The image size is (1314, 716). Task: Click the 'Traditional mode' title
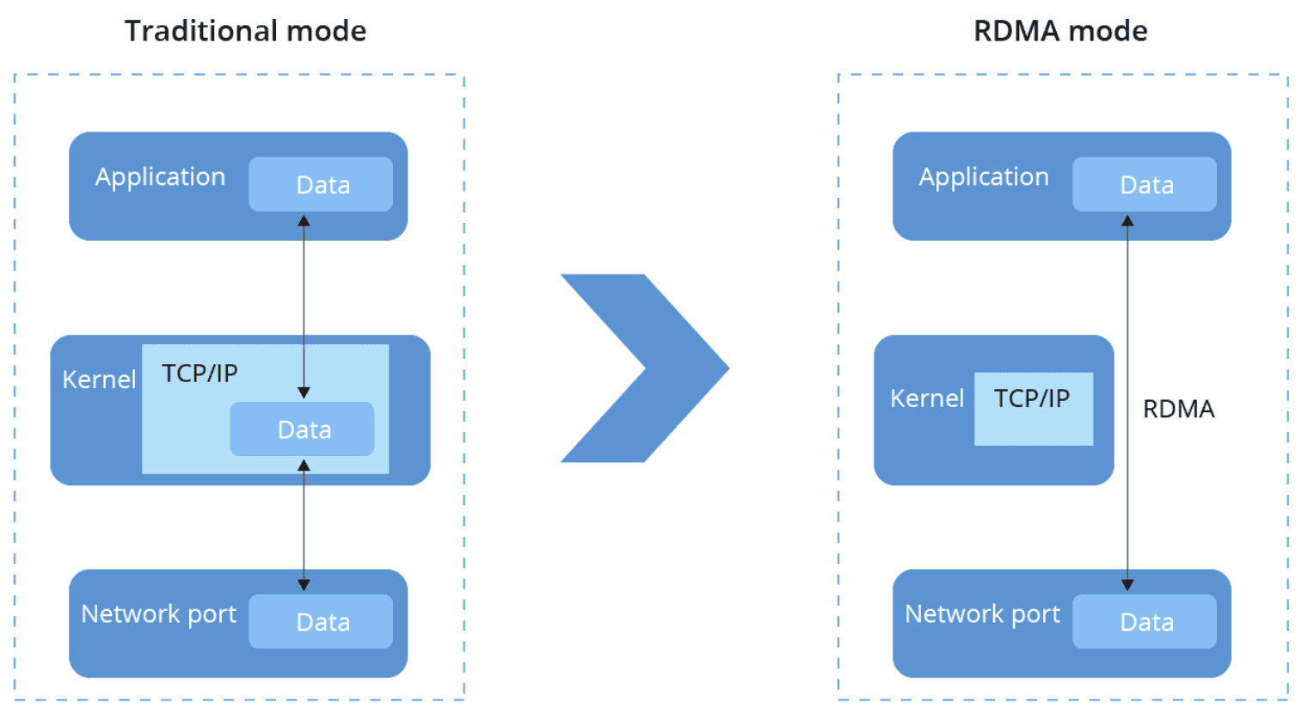(x=245, y=31)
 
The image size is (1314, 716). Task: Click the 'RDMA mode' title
(x=1059, y=31)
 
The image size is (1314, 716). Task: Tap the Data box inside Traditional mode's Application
(x=321, y=184)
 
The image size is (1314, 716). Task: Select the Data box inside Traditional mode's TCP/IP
(x=302, y=429)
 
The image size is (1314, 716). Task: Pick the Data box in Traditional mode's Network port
(x=321, y=621)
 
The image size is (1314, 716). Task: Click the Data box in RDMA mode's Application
(x=1144, y=184)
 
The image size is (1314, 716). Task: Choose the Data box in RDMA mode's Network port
(x=1144, y=621)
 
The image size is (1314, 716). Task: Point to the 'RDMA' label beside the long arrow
(x=1178, y=409)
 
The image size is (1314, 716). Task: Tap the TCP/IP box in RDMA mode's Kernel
(x=1033, y=409)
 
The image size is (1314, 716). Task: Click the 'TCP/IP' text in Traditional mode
(x=200, y=373)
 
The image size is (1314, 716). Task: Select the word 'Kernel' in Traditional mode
(x=99, y=380)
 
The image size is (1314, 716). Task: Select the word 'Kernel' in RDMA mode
(x=926, y=398)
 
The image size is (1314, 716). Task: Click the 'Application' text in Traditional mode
(x=160, y=177)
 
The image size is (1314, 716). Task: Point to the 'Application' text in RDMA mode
(x=984, y=177)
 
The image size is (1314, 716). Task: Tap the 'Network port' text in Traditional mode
(x=158, y=614)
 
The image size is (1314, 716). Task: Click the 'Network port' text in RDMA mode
(x=982, y=614)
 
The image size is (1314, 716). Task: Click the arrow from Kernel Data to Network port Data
(x=304, y=525)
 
